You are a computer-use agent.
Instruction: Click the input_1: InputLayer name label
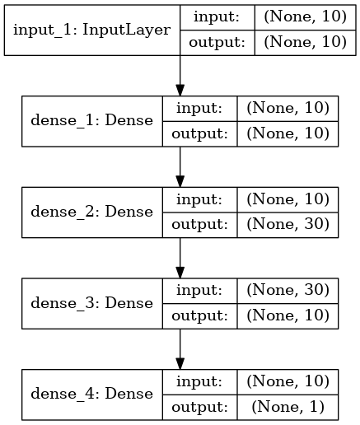point(91,30)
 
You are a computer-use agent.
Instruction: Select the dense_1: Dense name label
point(91,120)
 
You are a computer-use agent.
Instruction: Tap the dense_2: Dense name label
point(91,212)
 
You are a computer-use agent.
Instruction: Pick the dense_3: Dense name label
point(91,303)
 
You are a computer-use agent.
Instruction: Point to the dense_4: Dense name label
point(91,394)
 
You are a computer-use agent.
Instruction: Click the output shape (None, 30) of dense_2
point(288,224)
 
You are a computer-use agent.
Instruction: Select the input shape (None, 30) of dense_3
point(288,290)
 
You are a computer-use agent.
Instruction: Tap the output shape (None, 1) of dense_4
point(288,407)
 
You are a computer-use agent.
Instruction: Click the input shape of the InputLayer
point(305,17)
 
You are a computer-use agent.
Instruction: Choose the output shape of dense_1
point(288,133)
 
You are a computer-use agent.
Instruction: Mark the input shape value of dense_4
point(288,381)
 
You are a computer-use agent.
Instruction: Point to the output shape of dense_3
point(288,315)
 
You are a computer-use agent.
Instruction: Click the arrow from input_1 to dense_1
point(180,76)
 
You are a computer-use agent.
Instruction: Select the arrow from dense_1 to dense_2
point(180,167)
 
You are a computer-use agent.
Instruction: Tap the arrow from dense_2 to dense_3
point(180,258)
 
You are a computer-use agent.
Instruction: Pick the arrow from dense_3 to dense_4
point(180,349)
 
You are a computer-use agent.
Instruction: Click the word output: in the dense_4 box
point(199,407)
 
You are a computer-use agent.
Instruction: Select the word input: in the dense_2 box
point(199,199)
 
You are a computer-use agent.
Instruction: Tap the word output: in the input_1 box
point(217,43)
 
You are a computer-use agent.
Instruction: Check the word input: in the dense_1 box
point(199,109)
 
